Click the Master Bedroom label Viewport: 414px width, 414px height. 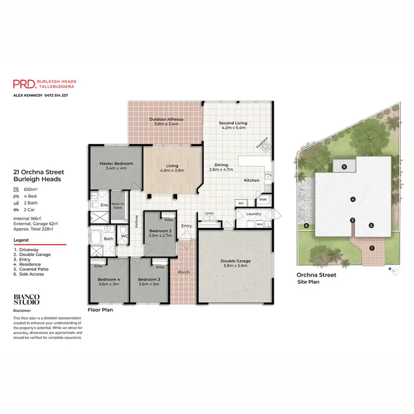click(x=116, y=164)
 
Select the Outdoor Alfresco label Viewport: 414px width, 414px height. click(x=166, y=119)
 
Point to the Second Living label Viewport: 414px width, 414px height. click(x=232, y=123)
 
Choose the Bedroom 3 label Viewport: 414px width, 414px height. click(x=149, y=279)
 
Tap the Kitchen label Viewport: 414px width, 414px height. click(x=252, y=181)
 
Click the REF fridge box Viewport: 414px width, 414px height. click(x=241, y=203)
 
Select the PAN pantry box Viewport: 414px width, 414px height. click(x=263, y=199)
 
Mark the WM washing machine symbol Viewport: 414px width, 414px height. click(x=259, y=224)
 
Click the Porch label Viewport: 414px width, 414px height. click(x=184, y=272)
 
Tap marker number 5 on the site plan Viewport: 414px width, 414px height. click(x=343, y=166)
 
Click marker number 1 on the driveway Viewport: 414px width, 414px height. click(x=371, y=248)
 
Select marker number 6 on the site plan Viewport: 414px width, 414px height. click(x=306, y=225)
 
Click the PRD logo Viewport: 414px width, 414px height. click(x=24, y=83)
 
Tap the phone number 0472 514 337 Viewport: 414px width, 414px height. click(x=56, y=95)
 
